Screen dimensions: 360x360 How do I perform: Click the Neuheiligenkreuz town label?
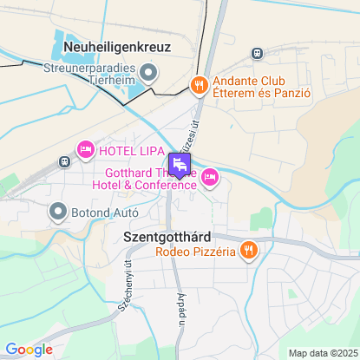[x=117, y=49]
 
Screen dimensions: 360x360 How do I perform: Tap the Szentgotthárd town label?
[x=167, y=236]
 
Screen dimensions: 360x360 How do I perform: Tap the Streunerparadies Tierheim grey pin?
[x=148, y=72]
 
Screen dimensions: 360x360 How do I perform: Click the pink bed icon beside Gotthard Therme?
[x=209, y=178]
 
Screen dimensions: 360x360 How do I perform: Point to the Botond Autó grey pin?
[x=58, y=210]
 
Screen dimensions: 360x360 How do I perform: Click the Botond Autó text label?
[x=101, y=210]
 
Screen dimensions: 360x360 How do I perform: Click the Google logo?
[x=29, y=349]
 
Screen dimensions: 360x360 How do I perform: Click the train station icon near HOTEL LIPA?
[x=64, y=161]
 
